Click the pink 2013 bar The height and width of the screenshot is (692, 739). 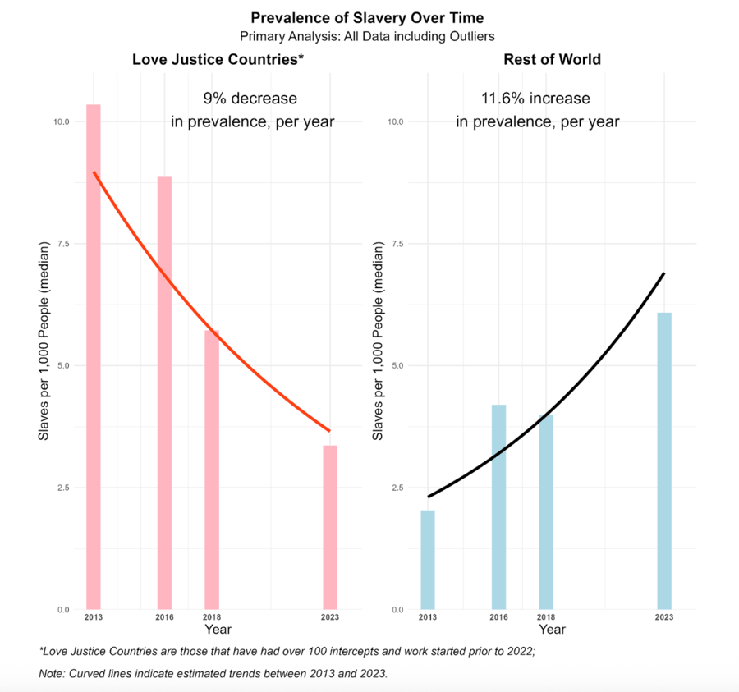(94, 357)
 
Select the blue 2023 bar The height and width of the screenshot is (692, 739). (663, 461)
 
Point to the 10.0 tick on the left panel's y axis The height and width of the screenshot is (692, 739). (62, 121)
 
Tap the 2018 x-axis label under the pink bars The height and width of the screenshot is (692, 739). (212, 617)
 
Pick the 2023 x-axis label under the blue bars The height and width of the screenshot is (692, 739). (663, 617)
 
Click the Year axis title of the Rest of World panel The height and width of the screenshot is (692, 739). (552, 630)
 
